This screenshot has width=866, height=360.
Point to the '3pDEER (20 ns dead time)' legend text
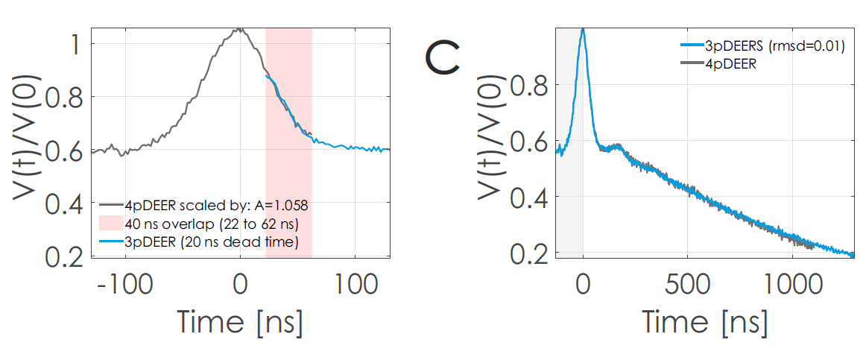[x=212, y=242]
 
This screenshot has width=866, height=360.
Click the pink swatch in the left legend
[x=110, y=224]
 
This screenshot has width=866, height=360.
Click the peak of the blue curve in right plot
[x=583, y=29]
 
